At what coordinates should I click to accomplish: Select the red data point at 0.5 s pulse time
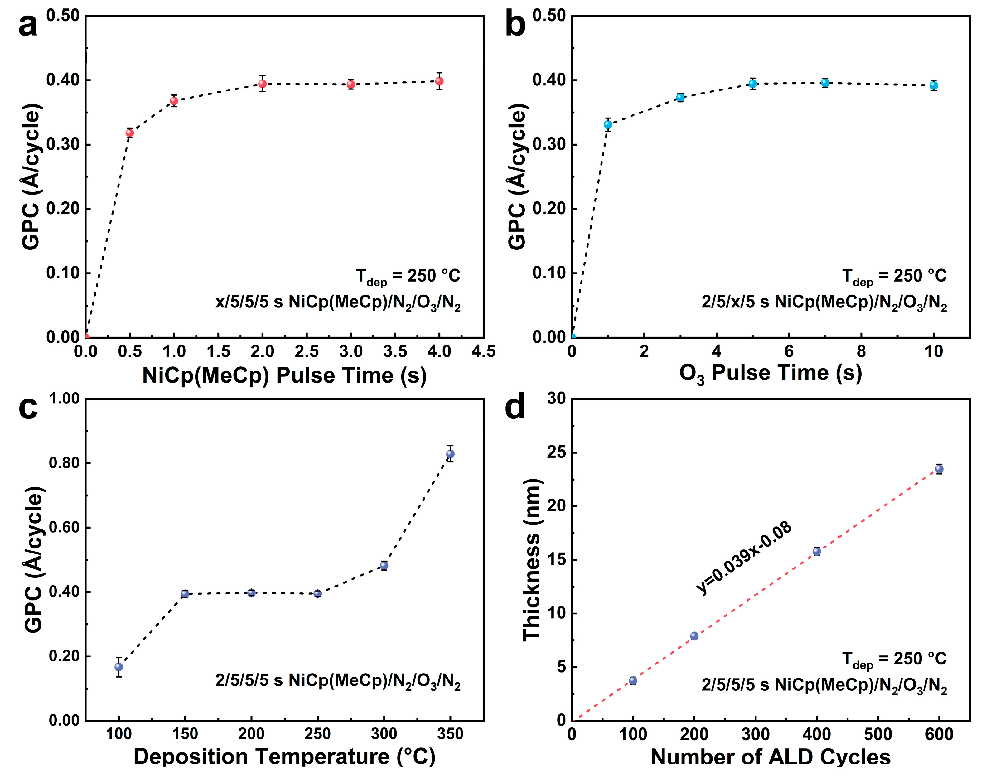130,133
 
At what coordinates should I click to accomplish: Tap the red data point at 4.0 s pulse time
439,81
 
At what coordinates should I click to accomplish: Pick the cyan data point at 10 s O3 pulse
934,85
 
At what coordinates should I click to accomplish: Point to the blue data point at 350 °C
450,454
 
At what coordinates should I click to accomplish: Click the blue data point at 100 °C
119,667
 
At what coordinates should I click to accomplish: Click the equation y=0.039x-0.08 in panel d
744,559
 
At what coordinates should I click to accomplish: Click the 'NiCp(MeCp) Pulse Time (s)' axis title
284,376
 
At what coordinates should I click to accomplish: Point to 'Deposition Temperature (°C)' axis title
284,756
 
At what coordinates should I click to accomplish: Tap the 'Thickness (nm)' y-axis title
531,560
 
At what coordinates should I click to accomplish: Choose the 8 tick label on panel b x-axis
861,351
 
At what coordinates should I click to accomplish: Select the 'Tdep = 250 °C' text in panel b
894,276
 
